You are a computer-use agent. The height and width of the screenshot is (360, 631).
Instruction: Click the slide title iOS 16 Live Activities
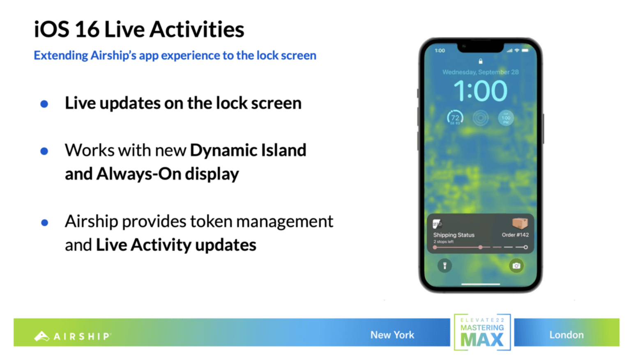(139, 30)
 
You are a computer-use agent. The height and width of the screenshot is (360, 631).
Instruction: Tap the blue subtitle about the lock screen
(175, 55)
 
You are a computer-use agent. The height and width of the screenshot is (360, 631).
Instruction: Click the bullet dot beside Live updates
(44, 104)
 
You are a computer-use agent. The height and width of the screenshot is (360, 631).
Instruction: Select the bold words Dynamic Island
(248, 150)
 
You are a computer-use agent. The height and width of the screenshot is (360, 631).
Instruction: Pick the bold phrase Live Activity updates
(176, 245)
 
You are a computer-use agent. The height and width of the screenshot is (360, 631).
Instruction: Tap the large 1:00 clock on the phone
(480, 91)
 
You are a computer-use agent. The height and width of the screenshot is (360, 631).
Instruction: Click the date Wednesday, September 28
(480, 72)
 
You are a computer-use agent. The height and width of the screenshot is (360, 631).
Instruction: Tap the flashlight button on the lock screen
(444, 266)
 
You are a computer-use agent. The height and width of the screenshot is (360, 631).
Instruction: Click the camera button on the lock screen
(516, 266)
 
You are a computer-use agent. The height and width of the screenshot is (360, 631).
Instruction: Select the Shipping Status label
(454, 235)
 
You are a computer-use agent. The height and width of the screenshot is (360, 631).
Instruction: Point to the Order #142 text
(515, 235)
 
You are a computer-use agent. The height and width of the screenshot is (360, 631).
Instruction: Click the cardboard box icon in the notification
(520, 223)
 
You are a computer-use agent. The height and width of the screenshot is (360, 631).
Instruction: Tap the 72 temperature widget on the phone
(455, 118)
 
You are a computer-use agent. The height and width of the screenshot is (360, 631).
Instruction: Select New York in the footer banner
(392, 335)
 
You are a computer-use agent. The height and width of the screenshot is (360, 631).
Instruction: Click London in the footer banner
(567, 335)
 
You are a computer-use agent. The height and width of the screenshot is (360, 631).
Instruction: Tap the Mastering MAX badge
(482, 332)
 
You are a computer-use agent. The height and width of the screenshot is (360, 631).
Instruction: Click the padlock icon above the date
(480, 61)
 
